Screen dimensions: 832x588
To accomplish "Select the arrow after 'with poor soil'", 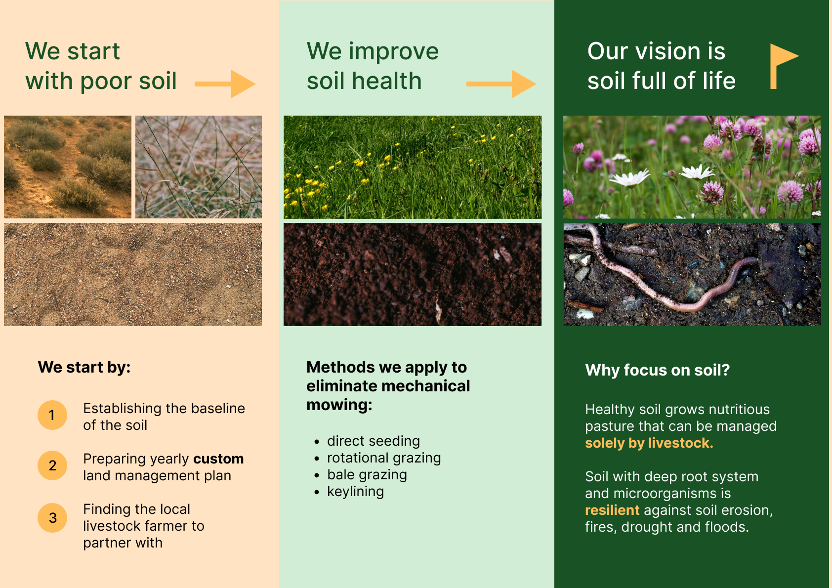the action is pyautogui.click(x=225, y=84).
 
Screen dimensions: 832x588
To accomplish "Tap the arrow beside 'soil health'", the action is pyautogui.click(x=501, y=84).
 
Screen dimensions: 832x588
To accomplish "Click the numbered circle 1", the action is pyautogui.click(x=52, y=415).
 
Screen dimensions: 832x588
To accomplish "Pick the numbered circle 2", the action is pyautogui.click(x=52, y=465).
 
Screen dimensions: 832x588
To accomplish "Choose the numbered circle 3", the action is pyautogui.click(x=52, y=518).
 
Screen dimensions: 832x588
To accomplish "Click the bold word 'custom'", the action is pyautogui.click(x=218, y=459).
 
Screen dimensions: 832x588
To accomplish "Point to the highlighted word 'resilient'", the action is pyautogui.click(x=612, y=510).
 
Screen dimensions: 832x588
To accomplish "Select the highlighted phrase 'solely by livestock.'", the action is pyautogui.click(x=649, y=443).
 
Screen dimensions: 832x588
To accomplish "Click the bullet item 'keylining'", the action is pyautogui.click(x=355, y=492).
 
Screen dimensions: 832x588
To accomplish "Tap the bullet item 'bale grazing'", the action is pyautogui.click(x=367, y=475).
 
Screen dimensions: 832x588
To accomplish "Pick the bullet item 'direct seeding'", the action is pyautogui.click(x=374, y=441).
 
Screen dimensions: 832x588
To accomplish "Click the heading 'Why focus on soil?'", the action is pyautogui.click(x=658, y=370).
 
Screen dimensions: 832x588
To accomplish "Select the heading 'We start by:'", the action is pyautogui.click(x=84, y=367).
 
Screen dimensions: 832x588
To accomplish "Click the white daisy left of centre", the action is pyautogui.click(x=629, y=179).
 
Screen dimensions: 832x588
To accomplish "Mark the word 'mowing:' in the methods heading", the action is pyautogui.click(x=339, y=405).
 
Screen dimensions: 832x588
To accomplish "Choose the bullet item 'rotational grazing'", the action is pyautogui.click(x=384, y=458).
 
